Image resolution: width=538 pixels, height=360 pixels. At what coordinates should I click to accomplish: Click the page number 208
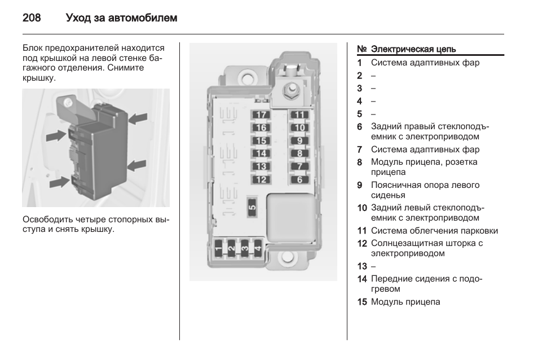point(32,18)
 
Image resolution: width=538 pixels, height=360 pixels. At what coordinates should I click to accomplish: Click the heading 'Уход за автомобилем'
point(121,18)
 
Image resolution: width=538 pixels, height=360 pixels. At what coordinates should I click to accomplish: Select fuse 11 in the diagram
point(299,115)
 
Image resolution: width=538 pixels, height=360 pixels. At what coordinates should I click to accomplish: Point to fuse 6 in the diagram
point(299,180)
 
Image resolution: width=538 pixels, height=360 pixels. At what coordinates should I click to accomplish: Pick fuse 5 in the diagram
point(252,207)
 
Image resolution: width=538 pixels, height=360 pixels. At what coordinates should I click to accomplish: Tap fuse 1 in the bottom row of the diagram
point(218,247)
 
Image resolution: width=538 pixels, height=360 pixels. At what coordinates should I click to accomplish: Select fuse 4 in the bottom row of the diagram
point(258,247)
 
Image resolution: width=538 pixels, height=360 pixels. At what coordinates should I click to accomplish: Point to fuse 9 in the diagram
point(299,141)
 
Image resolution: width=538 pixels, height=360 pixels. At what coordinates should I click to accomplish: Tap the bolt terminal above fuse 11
point(292,89)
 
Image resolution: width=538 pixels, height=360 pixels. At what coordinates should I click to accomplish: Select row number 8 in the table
point(359,163)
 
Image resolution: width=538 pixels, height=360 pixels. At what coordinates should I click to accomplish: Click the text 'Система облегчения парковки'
point(434,231)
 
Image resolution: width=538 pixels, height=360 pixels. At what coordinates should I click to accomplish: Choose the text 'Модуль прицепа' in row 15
point(405,302)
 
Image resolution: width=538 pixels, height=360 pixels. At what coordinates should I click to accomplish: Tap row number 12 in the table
point(362,244)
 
